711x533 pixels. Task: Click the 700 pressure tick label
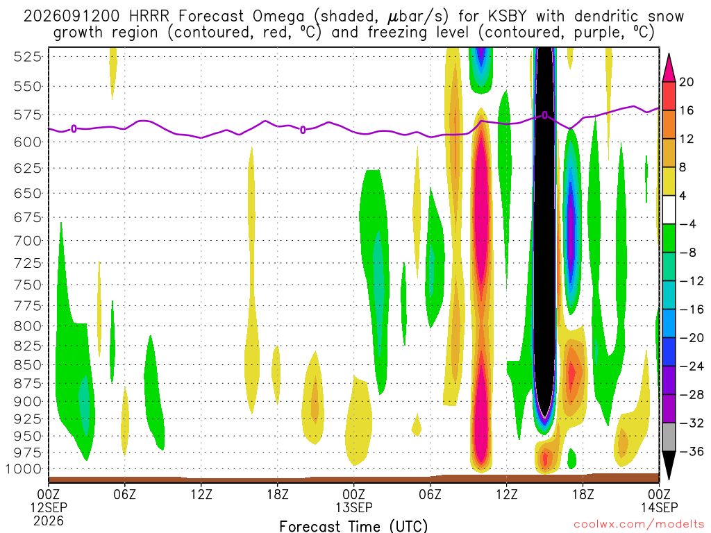[27, 241]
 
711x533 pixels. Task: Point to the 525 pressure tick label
[27, 57]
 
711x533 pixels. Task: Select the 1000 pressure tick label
[24, 469]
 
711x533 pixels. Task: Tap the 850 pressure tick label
[27, 365]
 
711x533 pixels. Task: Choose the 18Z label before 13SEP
[278, 494]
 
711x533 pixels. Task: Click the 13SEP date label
[354, 507]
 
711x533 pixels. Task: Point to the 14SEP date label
[660, 507]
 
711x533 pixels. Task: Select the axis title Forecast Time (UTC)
[353, 526]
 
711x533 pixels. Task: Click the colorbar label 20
[686, 82]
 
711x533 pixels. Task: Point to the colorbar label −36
[691, 451]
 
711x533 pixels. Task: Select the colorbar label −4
[687, 224]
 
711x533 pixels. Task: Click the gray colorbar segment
[669, 437]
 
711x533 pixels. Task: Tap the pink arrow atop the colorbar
[669, 69]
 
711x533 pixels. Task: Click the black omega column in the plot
[544, 227]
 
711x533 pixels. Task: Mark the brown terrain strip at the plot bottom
[353, 479]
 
